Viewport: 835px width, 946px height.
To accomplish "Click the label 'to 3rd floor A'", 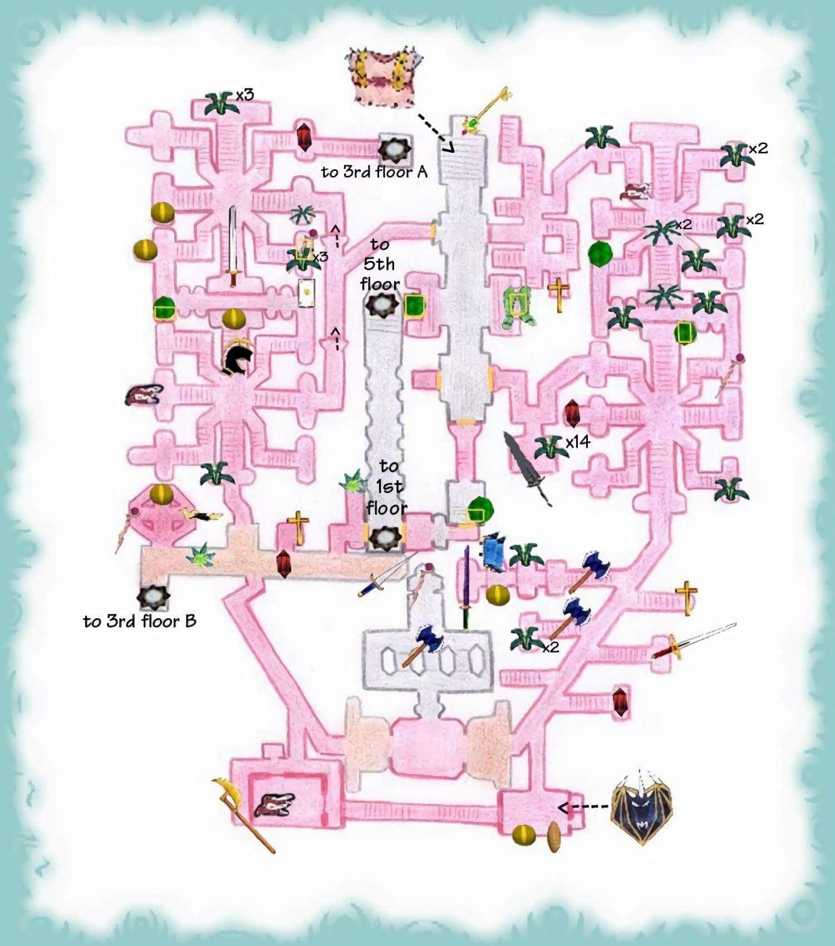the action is (374, 172).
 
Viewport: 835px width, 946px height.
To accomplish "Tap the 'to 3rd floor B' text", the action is (140, 621).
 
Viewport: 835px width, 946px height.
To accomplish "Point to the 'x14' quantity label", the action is (578, 442).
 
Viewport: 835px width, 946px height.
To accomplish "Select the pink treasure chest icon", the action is (384, 77).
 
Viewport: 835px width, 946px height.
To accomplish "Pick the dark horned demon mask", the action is (641, 808).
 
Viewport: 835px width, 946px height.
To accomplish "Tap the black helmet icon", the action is (238, 358).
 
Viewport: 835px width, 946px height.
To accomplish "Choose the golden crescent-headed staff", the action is (244, 816).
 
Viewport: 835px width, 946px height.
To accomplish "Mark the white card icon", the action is (306, 293).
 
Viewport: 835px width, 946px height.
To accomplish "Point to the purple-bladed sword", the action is (466, 587).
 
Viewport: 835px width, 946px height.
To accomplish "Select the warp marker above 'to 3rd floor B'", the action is (153, 598).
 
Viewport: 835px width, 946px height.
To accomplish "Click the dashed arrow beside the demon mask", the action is (583, 807).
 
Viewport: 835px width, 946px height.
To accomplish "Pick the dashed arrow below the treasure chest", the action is (436, 134).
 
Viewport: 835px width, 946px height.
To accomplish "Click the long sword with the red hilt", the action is (694, 641).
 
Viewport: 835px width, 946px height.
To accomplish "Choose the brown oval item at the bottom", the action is (554, 837).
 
